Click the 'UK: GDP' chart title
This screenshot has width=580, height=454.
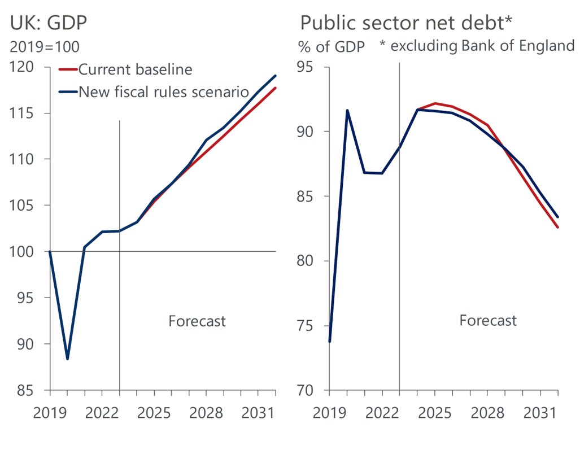point(48,23)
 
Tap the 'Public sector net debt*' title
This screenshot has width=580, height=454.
point(405,23)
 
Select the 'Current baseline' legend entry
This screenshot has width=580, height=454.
point(135,69)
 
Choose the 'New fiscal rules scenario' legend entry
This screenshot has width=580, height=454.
point(163,91)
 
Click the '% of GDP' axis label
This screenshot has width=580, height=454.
point(331,46)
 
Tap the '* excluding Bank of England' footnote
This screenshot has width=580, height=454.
point(477,46)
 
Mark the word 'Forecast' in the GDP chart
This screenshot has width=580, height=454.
point(197,321)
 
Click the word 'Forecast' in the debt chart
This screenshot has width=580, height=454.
point(488,321)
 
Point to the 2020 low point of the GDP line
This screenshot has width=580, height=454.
point(68,359)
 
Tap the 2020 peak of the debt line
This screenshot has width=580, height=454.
point(347,110)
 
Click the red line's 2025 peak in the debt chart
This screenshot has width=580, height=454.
point(435,103)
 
